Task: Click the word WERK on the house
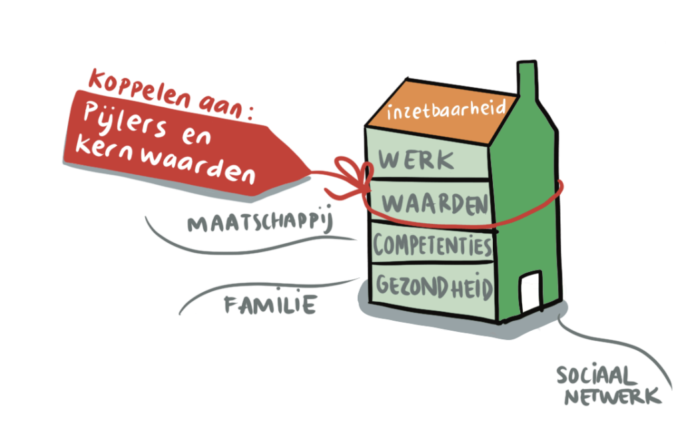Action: point(416,161)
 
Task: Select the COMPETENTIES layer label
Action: point(432,245)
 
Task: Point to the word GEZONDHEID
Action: point(434,287)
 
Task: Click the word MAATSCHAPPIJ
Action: point(260,223)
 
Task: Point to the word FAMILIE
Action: point(269,305)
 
